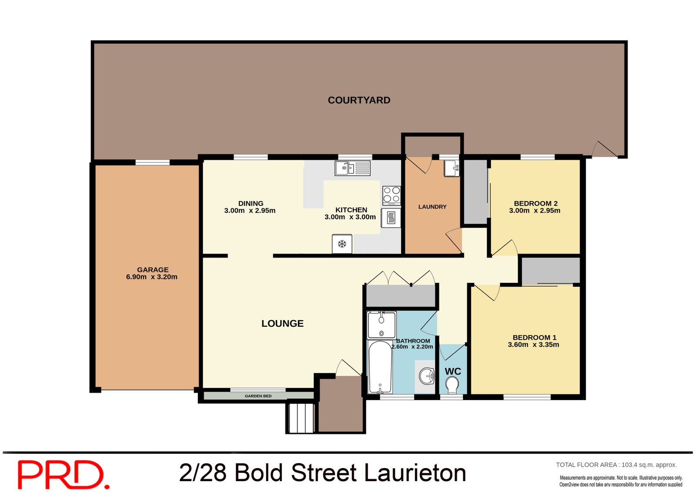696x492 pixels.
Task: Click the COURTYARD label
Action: tap(359, 100)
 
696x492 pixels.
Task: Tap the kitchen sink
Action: tap(352, 168)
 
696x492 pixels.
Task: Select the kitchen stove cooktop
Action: tap(391, 195)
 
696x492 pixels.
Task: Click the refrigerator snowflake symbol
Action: tap(342, 244)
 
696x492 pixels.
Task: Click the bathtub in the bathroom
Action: tap(380, 367)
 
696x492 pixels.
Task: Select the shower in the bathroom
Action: tap(381, 325)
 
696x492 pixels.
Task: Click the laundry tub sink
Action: tap(452, 168)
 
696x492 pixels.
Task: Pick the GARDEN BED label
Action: tap(258, 396)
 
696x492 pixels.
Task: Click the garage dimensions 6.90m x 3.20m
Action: tap(152, 277)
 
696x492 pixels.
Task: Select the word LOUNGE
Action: tap(282, 324)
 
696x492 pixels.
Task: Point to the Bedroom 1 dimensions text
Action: tap(533, 345)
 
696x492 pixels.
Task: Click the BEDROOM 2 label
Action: tap(535, 203)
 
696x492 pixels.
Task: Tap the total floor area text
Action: tap(616, 465)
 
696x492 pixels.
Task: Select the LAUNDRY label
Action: tap(432, 207)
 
